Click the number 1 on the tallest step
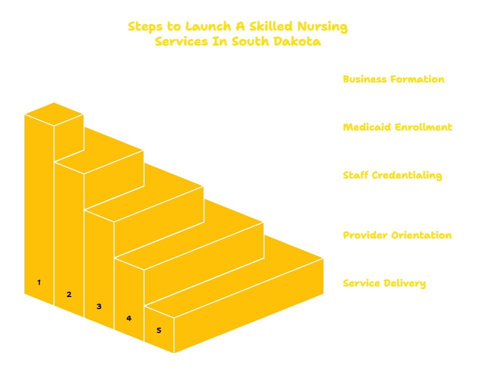pos(39,282)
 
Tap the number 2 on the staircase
pos(69,294)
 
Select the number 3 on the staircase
pos(99,306)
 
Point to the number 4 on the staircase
pos(129,318)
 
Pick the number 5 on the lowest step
pos(159,330)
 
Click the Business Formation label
pos(393,79)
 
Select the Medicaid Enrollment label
pos(397,127)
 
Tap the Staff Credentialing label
pos(392,175)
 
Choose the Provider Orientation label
pos(397,235)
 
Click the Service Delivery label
pos(384,283)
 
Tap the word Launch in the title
pos(208,26)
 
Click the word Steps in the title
pos(145,26)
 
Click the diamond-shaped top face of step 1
pos(54,114)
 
